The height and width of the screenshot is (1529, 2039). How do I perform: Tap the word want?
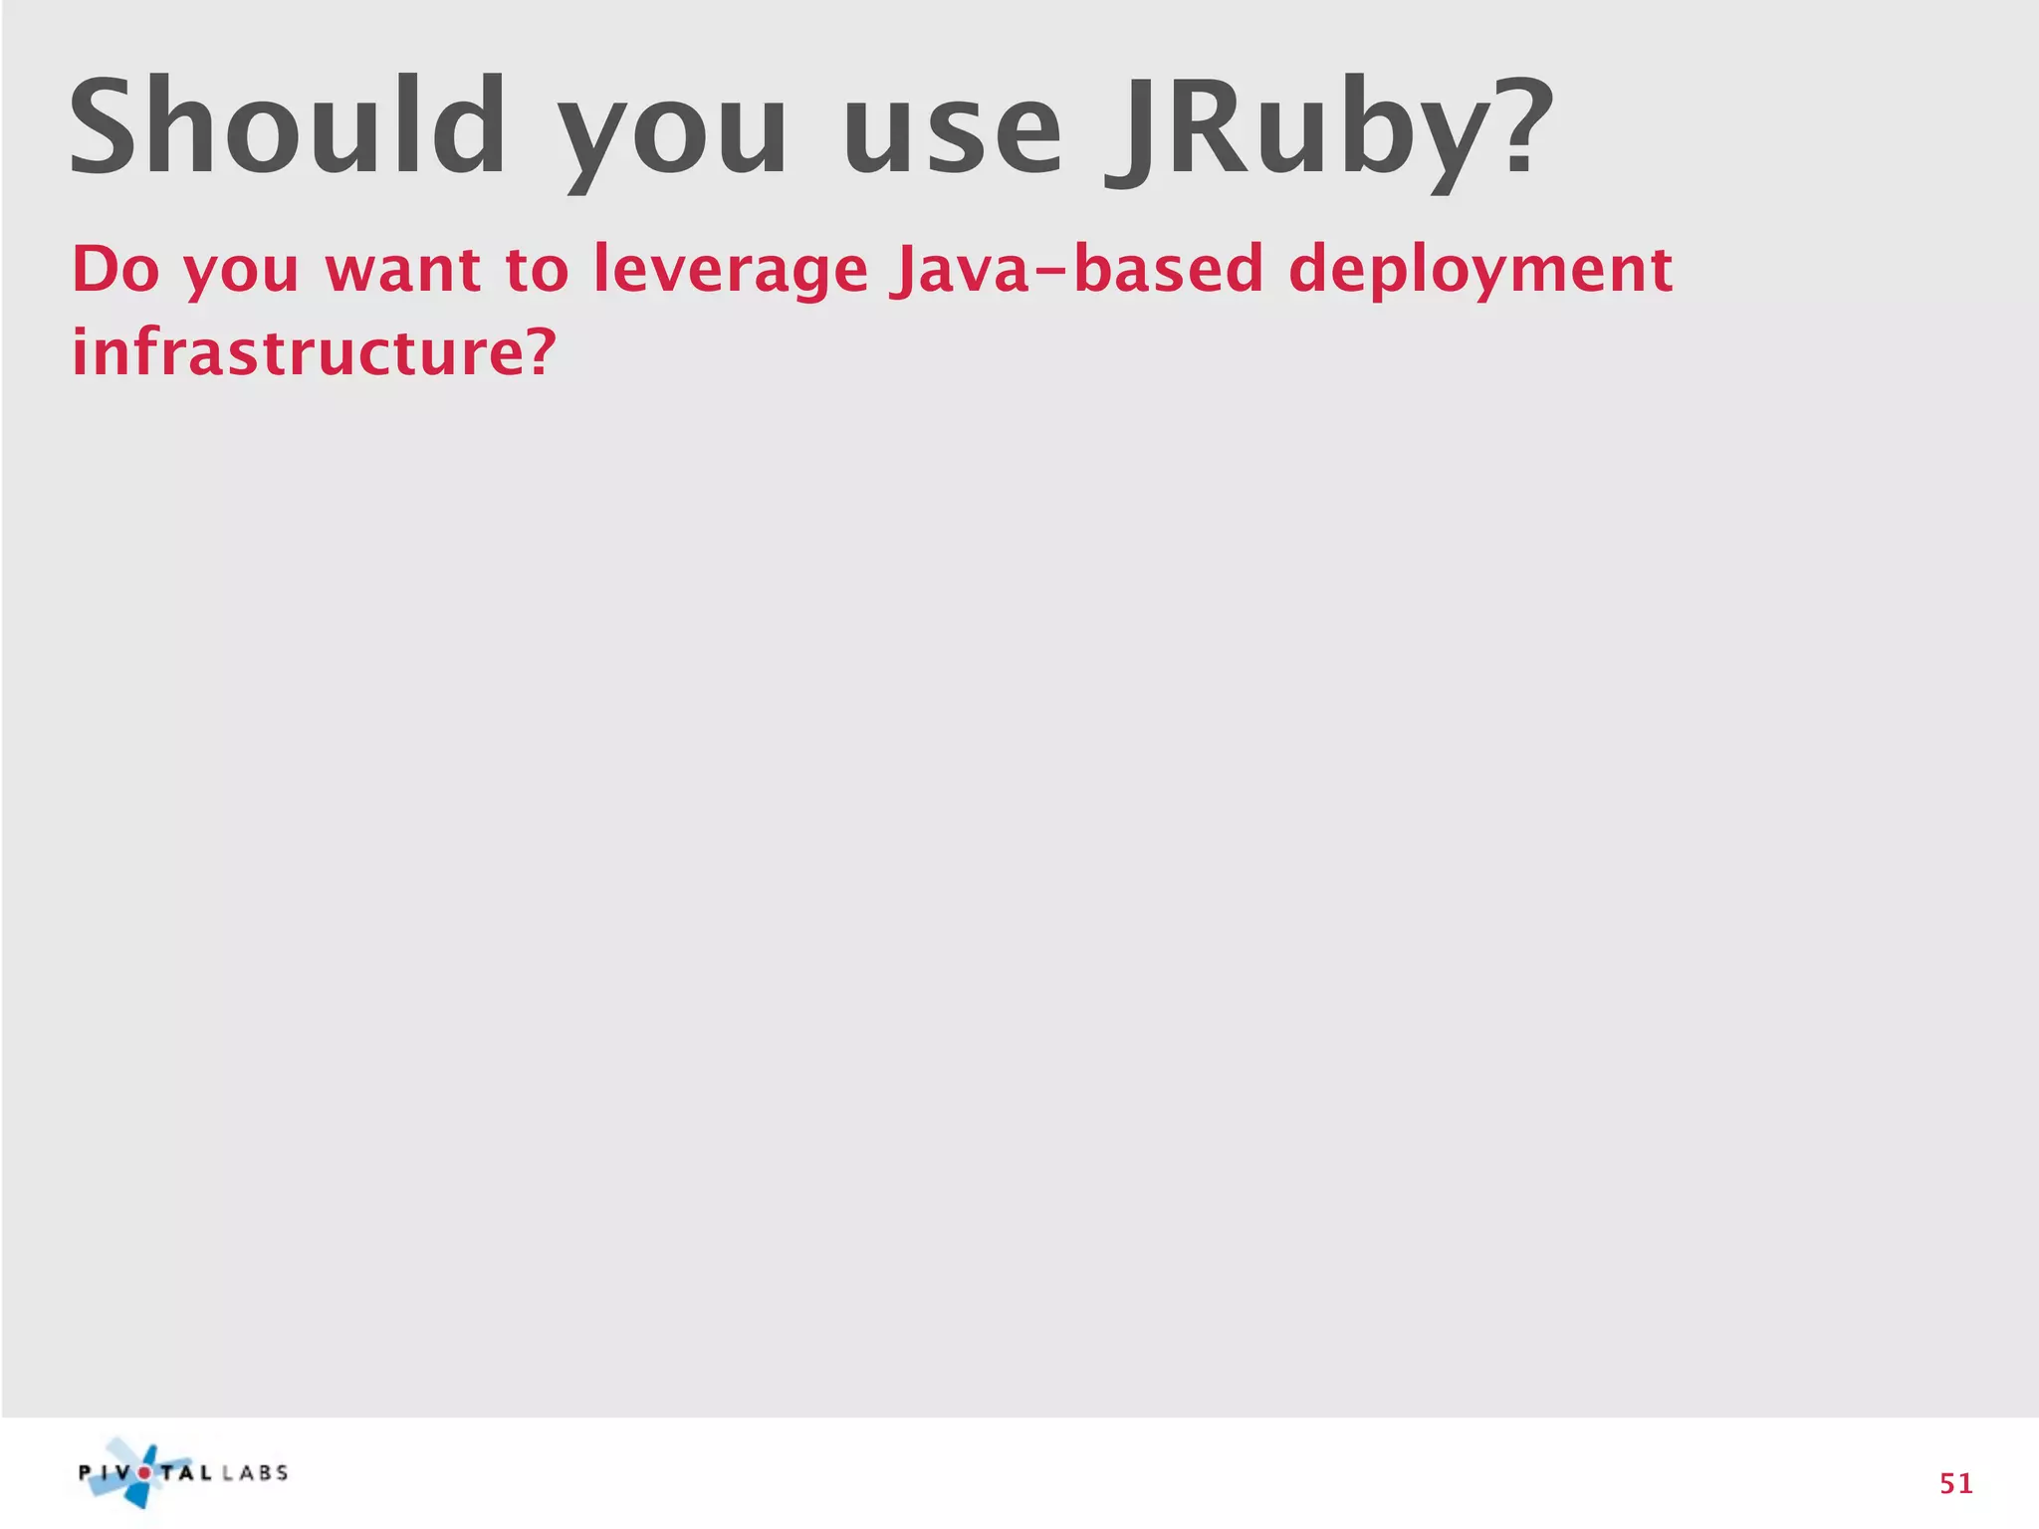point(403,271)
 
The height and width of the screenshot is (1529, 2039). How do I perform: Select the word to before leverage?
point(537,271)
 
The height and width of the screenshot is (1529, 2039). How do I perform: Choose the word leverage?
point(731,272)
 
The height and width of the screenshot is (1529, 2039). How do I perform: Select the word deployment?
point(1480,272)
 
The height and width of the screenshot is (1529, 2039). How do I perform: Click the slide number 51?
point(1955,1483)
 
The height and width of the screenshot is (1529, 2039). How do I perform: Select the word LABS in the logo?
point(255,1472)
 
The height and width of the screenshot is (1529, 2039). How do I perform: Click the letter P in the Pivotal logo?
point(86,1472)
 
